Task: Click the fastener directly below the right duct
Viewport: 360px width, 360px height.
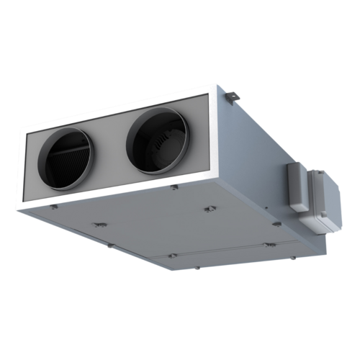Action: coord(174,189)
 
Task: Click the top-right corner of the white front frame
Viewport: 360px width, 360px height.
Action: coord(215,86)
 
